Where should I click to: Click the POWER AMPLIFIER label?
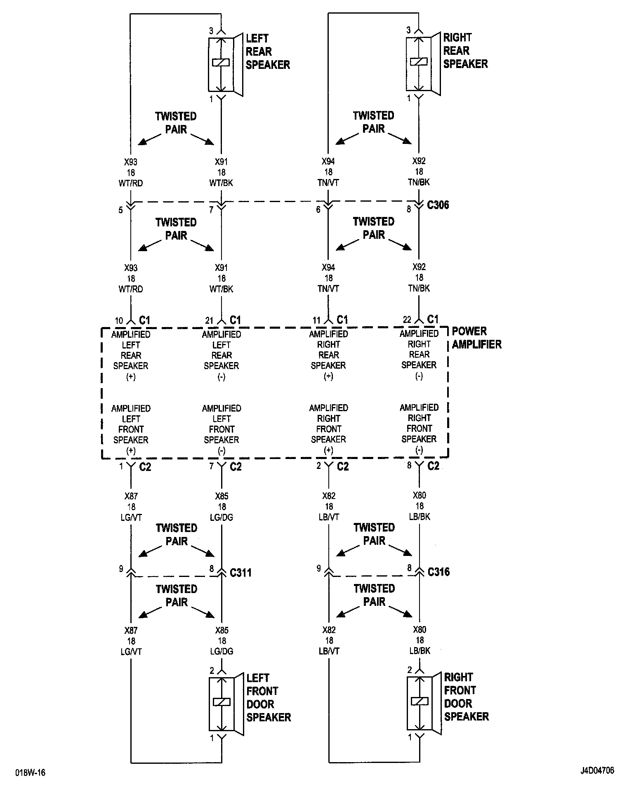[x=476, y=338]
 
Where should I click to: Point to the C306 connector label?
[x=438, y=205]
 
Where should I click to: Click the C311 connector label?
[x=240, y=572]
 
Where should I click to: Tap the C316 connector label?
[x=438, y=572]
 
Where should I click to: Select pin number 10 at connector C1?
[x=119, y=321]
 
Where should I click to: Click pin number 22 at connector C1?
[x=407, y=320]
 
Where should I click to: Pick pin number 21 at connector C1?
[x=209, y=321]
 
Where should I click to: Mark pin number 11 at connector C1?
[x=316, y=320]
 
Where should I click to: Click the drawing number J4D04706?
[x=597, y=770]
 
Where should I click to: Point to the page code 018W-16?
[x=31, y=772]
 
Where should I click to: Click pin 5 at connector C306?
[x=120, y=210]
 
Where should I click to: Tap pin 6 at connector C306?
[x=318, y=210]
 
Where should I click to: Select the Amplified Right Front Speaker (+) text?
[x=329, y=429]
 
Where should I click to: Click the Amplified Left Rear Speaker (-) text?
[x=222, y=355]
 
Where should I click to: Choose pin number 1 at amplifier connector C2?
[x=121, y=466]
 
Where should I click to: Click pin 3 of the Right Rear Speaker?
[x=408, y=30]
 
